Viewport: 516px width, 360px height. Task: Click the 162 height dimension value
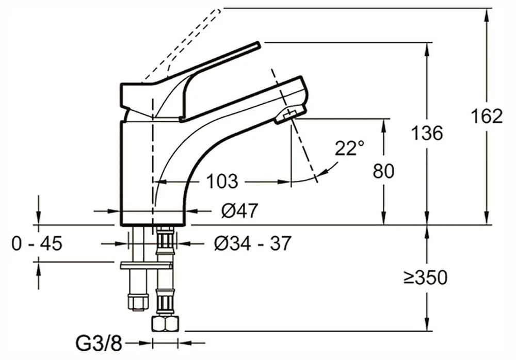(x=487, y=116)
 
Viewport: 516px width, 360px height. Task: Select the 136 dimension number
(x=427, y=133)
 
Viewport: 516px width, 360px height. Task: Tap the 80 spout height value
(x=383, y=171)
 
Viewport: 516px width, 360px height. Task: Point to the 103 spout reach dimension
(x=222, y=182)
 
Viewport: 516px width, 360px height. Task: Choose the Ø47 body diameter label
(x=239, y=210)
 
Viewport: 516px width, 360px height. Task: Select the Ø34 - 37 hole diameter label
(x=252, y=243)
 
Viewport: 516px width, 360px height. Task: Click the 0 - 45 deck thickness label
(x=37, y=244)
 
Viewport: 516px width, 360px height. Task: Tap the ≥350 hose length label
(x=426, y=277)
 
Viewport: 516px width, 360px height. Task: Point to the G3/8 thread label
(x=99, y=344)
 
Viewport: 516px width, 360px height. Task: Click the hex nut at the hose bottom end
(x=165, y=324)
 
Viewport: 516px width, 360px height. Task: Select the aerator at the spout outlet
(x=290, y=115)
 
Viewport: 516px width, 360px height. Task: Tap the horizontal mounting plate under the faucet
(x=147, y=266)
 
